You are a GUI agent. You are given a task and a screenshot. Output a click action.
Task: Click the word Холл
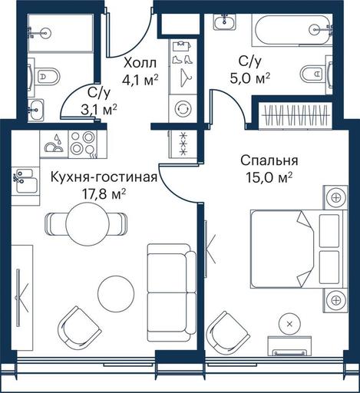[140, 63]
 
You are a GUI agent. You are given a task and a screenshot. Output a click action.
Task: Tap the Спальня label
[269, 160]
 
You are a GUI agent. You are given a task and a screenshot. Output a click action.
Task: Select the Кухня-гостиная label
[104, 177]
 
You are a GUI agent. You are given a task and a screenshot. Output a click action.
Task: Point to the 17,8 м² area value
[104, 194]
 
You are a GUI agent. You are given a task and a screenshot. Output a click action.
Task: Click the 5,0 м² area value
[249, 78]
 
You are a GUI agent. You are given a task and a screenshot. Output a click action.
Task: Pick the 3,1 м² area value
[99, 110]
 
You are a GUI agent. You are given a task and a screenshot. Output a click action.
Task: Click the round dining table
[88, 223]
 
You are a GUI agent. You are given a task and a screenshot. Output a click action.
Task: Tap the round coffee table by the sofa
[116, 294]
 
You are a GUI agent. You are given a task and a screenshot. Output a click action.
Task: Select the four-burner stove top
[83, 144]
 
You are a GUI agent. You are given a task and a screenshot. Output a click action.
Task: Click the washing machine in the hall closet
[183, 108]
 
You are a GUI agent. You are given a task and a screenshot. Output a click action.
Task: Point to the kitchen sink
[25, 180]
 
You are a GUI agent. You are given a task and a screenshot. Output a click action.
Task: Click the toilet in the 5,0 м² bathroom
[312, 74]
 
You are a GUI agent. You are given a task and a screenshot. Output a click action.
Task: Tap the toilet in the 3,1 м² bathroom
[47, 76]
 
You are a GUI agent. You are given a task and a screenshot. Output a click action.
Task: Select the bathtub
[292, 30]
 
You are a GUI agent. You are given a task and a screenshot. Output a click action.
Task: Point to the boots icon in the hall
[183, 60]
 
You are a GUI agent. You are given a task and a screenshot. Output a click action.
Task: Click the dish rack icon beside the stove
[54, 144]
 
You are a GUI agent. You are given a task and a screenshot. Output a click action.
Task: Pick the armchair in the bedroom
[228, 333]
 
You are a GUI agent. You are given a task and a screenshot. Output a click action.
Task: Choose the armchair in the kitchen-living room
[80, 329]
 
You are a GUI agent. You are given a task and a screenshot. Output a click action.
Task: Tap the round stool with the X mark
[289, 324]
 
